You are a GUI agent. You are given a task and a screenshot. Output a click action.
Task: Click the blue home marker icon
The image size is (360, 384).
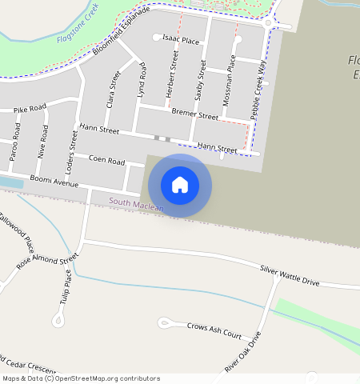click(180, 185)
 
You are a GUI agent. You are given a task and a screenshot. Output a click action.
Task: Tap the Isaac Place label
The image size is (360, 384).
click(181, 39)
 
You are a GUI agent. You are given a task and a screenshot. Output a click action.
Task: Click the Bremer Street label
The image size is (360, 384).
click(194, 116)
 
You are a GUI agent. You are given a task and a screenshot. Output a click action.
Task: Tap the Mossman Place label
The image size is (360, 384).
click(231, 76)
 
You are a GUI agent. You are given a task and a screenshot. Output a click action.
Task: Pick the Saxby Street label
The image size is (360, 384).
click(202, 81)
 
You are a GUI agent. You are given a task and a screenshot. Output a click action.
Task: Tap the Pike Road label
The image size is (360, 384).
click(30, 106)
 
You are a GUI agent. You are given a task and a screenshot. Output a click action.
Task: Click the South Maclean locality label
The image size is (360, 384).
click(137, 206)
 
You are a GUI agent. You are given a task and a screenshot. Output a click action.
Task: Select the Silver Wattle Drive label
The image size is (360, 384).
click(289, 277)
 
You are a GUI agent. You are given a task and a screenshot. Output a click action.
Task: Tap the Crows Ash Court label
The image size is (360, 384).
click(214, 329)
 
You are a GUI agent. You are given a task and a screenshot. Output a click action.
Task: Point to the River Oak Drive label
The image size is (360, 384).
click(243, 352)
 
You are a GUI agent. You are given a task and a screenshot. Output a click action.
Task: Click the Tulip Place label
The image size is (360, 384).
click(68, 286)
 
